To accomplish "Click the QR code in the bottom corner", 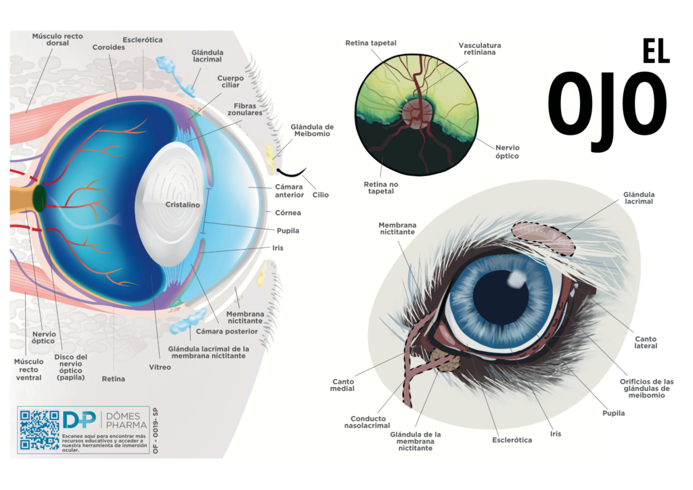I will coord(39,430).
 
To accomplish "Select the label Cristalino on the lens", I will coord(183,205).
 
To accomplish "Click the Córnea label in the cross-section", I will coord(288,213).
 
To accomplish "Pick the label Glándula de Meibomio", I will coord(312,131).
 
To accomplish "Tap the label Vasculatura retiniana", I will coord(480,49).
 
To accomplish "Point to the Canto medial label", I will coord(342,386).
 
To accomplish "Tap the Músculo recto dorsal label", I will coord(58,39).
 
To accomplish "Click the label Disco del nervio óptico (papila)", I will coord(72,366).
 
